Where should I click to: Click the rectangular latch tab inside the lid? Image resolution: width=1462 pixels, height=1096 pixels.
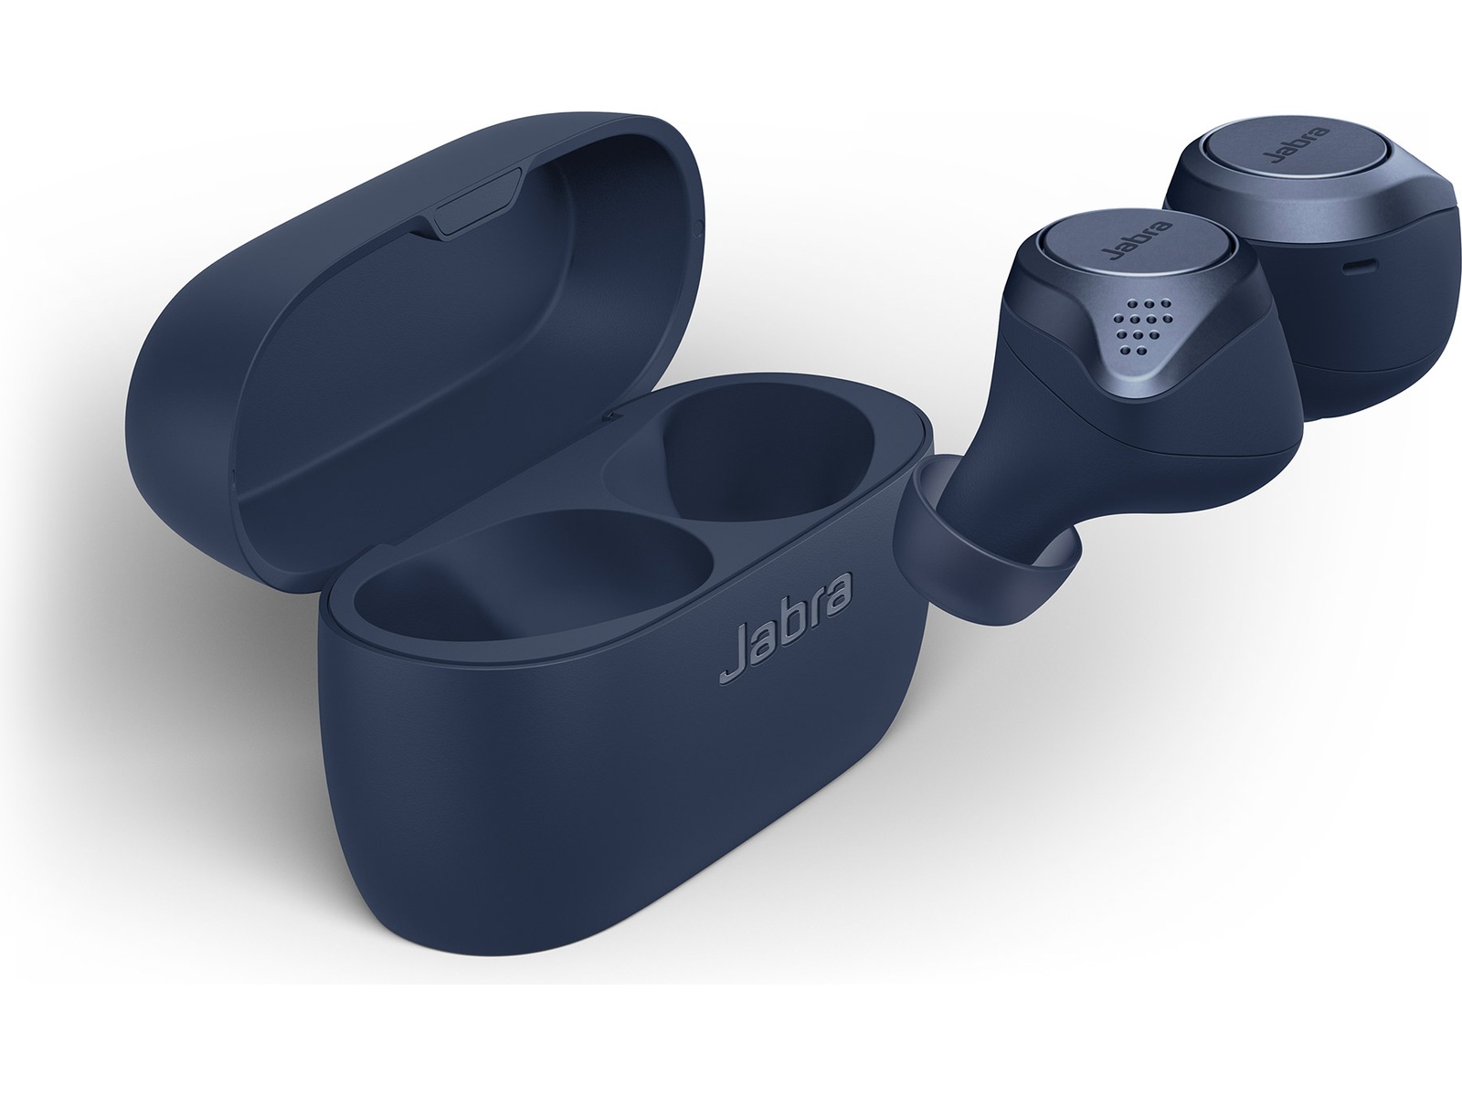click(x=475, y=202)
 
